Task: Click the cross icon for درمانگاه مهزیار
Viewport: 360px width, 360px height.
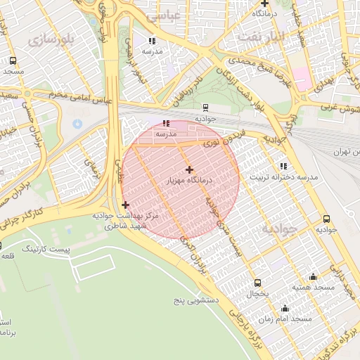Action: pos(189,169)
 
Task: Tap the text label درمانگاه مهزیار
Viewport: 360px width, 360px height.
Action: pos(189,181)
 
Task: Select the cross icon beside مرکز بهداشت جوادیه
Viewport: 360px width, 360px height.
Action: pos(125,205)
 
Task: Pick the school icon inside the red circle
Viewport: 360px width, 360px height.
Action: pos(165,122)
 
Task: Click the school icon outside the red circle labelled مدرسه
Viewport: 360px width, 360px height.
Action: pos(153,41)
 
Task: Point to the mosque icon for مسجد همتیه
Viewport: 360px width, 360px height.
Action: pos(313,277)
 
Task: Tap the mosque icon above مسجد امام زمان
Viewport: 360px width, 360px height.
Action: pos(285,308)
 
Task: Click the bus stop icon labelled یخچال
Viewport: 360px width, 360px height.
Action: pos(257,283)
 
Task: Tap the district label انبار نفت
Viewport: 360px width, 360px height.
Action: pos(261,35)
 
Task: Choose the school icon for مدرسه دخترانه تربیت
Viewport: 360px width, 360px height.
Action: pos(283,167)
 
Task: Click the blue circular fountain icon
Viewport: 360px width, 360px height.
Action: pos(77,124)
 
